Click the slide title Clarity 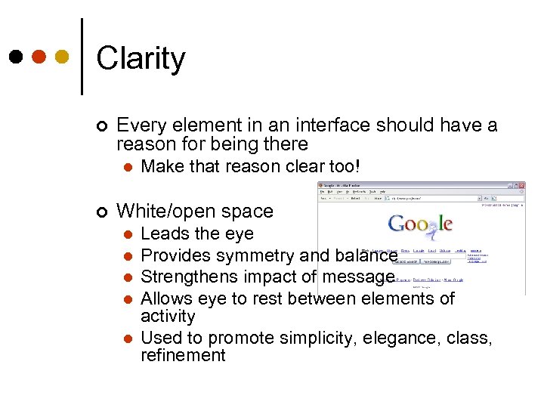[x=141, y=59]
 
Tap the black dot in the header [x=15, y=57]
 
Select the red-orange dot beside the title [x=39, y=57]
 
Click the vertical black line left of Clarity [x=81, y=57]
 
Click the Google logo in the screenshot [x=420, y=224]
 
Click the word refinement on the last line [x=183, y=355]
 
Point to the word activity [x=168, y=317]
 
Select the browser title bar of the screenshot [x=421, y=185]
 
